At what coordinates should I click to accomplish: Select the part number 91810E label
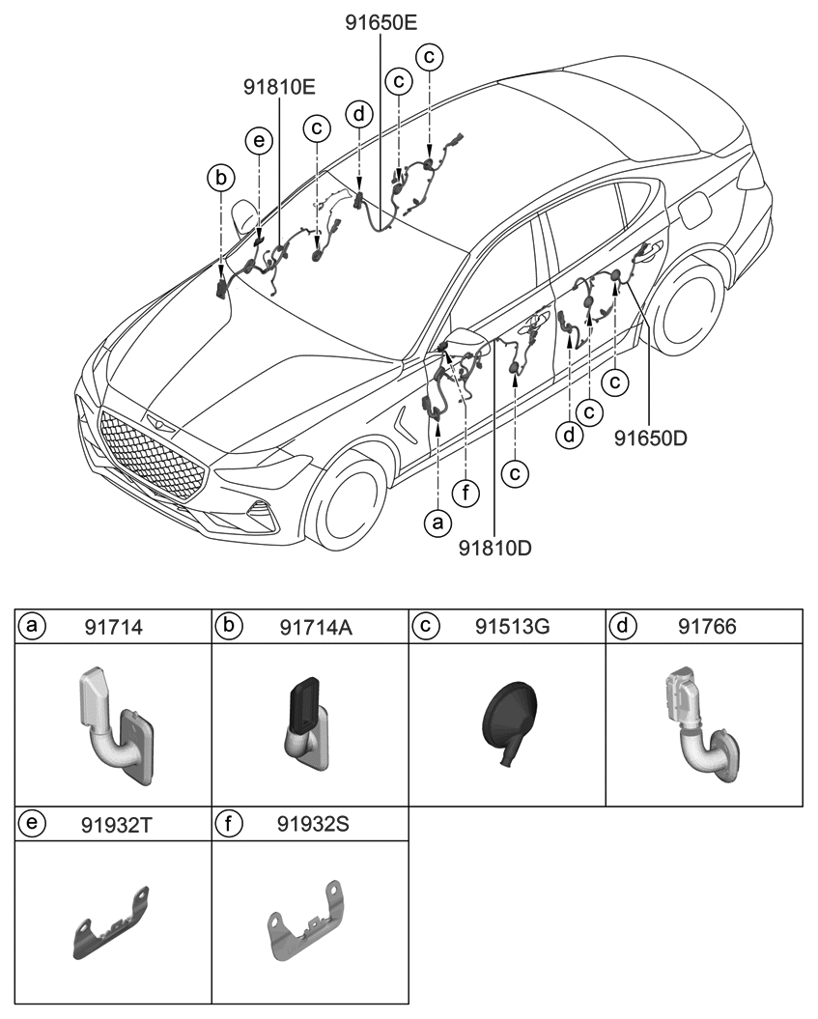click(279, 86)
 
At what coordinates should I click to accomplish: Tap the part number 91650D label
click(650, 438)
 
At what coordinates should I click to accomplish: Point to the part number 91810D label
click(494, 548)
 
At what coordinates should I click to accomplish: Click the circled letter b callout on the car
click(221, 178)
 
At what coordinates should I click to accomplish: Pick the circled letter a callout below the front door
click(438, 523)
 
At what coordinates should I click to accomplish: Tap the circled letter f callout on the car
click(466, 495)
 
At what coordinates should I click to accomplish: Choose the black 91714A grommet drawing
click(306, 724)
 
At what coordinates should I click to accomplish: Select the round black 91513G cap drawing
click(509, 721)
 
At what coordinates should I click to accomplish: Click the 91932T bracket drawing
click(112, 923)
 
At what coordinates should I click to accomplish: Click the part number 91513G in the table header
click(512, 627)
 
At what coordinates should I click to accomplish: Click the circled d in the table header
click(623, 627)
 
